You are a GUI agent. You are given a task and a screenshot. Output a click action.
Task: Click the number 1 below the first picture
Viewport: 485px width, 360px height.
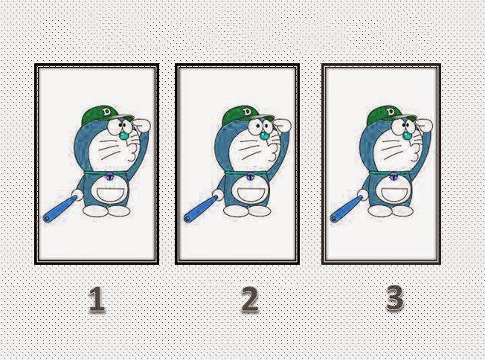97,299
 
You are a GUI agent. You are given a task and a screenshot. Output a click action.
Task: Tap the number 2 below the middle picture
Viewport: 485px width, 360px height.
249,299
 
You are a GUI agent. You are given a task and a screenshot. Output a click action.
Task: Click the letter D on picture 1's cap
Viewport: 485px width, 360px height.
107,112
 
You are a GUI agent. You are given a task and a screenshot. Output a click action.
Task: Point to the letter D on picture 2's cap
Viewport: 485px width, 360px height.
247,112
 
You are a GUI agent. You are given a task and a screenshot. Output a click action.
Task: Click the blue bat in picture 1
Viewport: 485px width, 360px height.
60,209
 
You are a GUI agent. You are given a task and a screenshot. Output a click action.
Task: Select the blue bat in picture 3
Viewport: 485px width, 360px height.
346,209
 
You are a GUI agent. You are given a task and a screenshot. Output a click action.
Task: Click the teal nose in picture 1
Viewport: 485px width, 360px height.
123,135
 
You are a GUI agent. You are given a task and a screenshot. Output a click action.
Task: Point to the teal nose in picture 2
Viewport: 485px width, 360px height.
264,135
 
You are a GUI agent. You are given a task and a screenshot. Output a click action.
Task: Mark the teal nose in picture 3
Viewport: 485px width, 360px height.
408,135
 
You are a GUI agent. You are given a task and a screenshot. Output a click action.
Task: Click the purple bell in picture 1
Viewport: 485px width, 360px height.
110,177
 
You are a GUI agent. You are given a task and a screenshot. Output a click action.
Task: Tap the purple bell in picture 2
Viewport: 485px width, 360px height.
250,177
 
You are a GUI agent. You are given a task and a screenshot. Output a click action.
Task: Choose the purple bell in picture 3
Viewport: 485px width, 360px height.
394,177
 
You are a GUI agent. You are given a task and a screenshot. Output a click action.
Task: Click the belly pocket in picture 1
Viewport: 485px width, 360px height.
112,194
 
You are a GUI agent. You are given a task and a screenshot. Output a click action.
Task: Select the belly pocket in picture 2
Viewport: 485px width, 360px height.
252,194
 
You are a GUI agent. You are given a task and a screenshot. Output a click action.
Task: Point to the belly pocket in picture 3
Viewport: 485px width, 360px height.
395,194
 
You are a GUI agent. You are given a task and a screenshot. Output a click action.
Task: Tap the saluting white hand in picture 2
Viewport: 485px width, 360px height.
283,125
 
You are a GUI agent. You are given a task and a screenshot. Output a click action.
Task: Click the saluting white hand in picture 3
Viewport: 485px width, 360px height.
424,125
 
